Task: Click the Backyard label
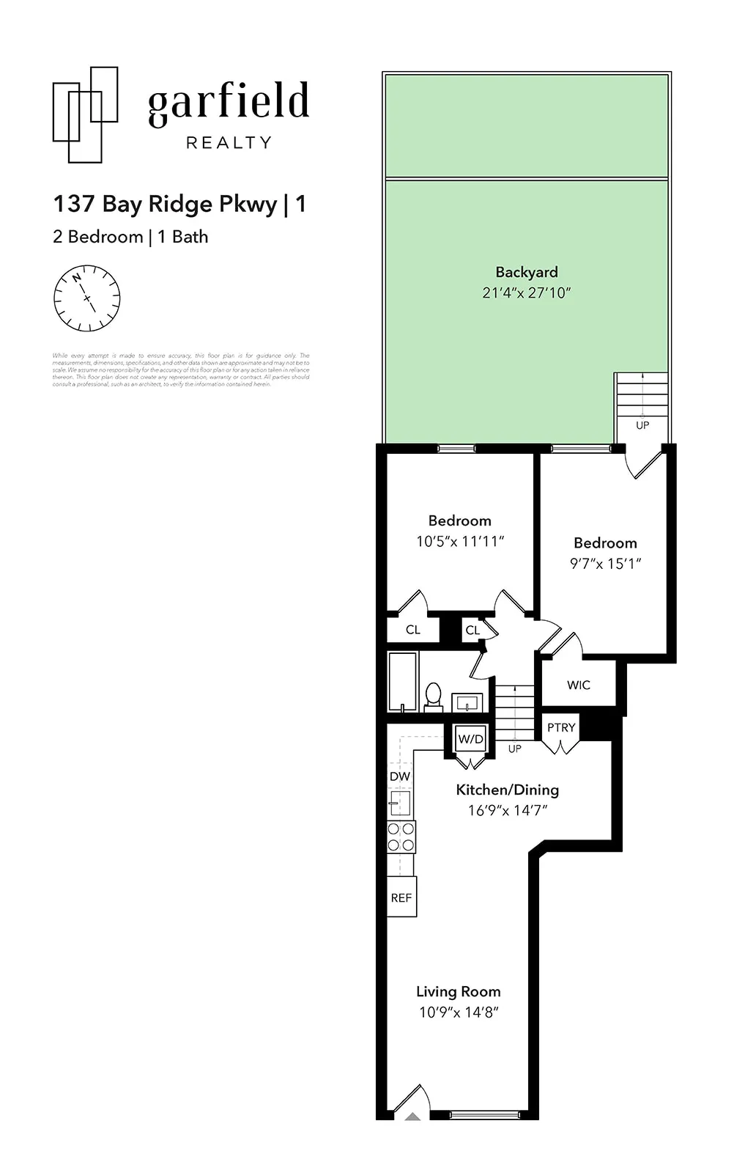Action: pos(526,272)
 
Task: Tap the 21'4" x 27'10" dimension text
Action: pos(526,293)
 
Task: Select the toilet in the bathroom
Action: pos(433,696)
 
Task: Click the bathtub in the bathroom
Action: pos(403,681)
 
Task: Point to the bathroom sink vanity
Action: pos(467,703)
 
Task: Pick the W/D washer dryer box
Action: pos(471,739)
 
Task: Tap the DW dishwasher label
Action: pos(400,776)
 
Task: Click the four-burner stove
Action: pos(401,836)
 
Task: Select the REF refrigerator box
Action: pos(401,897)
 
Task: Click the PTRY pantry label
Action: pos(561,727)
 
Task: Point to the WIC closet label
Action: pos(578,685)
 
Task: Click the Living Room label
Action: pos(459,992)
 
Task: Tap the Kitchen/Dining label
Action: pos(507,790)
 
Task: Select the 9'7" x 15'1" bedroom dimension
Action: pos(605,564)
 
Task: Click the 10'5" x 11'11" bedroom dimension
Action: pos(460,542)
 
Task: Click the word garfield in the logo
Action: pos(229,103)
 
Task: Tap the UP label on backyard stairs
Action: pos(642,425)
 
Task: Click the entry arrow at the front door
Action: pos(413,1117)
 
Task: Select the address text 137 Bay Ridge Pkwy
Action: pos(165,204)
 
